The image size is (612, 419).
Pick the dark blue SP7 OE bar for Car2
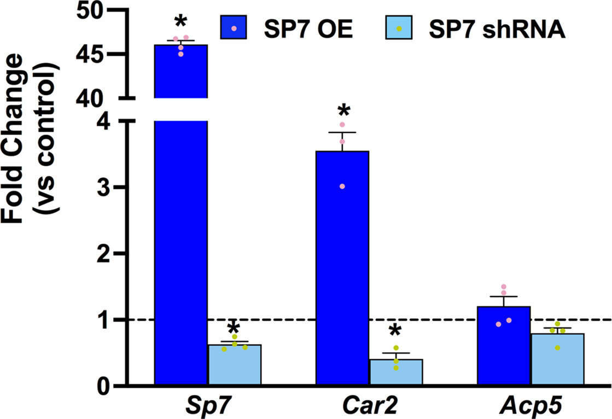tap(342, 268)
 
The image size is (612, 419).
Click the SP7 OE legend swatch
tap(235, 28)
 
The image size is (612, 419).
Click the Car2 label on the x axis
tap(369, 407)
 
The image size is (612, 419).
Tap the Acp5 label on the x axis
tap(531, 407)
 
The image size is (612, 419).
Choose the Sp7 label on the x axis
tap(207, 407)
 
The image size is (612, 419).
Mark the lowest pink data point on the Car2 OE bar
tap(342, 187)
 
